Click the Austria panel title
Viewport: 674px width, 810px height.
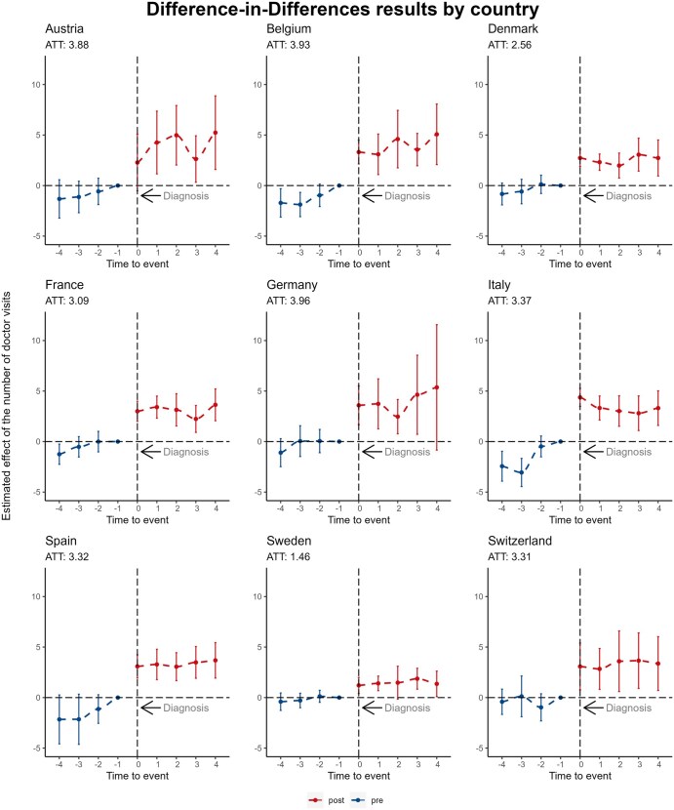click(64, 30)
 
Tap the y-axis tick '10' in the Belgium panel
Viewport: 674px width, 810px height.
click(256, 84)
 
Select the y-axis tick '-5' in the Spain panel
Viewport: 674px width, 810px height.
click(35, 748)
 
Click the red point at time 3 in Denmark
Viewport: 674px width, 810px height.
click(639, 154)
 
